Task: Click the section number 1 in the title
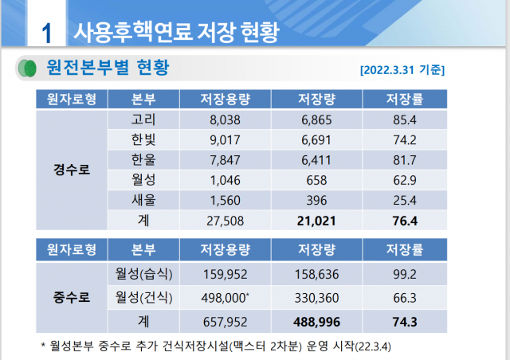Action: [46, 33]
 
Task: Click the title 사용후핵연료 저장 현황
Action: [176, 32]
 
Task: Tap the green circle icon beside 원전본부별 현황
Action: [26, 68]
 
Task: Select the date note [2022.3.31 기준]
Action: [402, 69]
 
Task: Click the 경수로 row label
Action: [71, 170]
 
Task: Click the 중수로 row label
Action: [71, 299]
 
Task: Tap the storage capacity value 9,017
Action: [226, 139]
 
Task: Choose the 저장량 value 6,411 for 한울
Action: [316, 159]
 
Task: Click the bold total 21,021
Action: [316, 219]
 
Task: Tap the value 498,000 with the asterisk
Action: [228, 299]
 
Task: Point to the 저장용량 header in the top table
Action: [226, 100]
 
